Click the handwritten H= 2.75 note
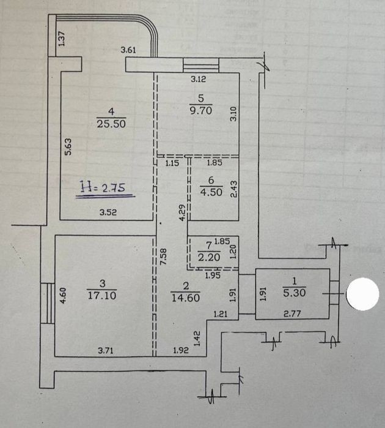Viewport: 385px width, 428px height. (x=106, y=189)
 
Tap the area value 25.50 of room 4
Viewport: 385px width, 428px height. (x=111, y=124)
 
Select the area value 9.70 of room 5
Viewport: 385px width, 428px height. (x=201, y=111)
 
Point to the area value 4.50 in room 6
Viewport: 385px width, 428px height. (x=211, y=192)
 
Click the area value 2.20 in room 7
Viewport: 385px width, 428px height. (x=209, y=257)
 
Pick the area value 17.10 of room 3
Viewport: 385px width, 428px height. (x=102, y=295)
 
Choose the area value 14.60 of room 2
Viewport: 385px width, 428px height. (x=186, y=298)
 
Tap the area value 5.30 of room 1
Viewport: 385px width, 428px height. (x=295, y=293)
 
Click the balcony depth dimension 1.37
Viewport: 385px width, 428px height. (x=62, y=39)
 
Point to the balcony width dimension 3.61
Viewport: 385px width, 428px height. (x=128, y=50)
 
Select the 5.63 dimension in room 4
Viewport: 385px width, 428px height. (x=68, y=147)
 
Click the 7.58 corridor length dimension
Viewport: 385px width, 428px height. (x=163, y=257)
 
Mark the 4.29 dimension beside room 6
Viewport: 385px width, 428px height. (x=182, y=212)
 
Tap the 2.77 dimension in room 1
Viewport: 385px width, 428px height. (x=292, y=313)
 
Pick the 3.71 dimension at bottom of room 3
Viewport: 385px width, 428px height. (x=106, y=350)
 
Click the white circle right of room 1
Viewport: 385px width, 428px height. (x=362, y=294)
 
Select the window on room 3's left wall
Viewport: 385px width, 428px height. (x=48, y=303)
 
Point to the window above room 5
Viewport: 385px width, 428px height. (x=201, y=65)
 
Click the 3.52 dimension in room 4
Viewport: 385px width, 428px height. (x=108, y=212)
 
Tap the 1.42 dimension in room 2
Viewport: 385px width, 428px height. (x=197, y=339)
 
